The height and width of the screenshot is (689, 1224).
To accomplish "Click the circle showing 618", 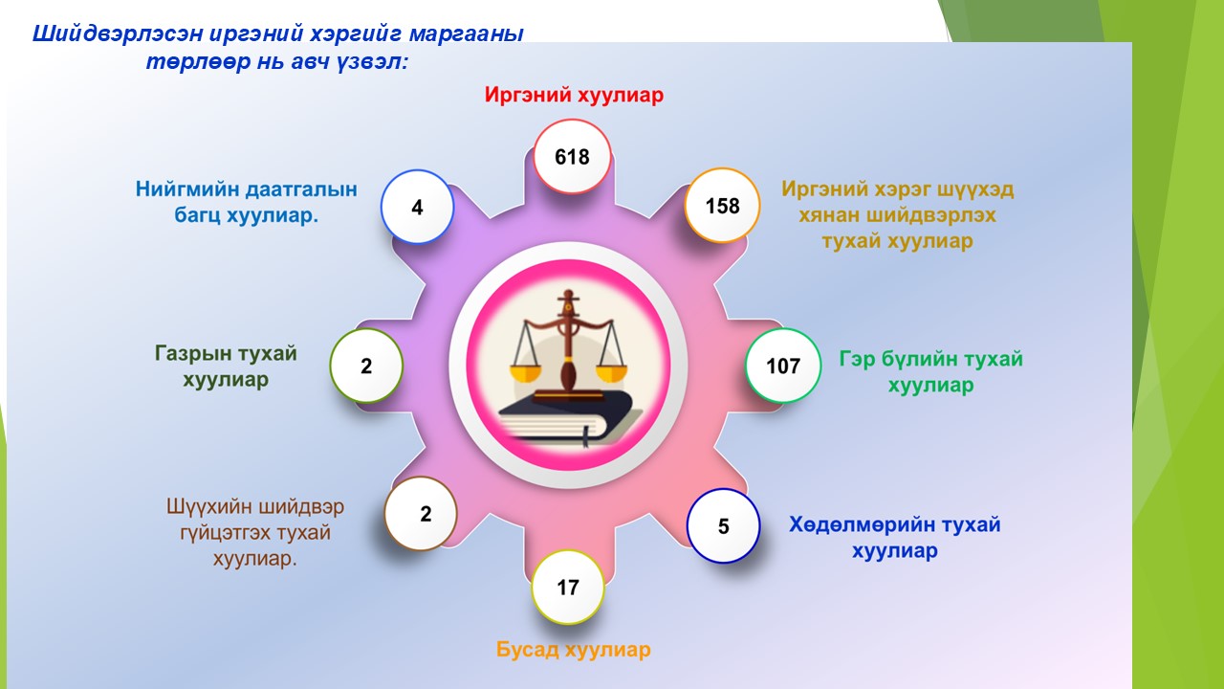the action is click(x=572, y=157).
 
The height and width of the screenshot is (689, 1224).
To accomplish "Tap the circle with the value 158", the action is click(x=722, y=206).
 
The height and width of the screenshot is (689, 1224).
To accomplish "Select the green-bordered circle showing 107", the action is click(x=783, y=366).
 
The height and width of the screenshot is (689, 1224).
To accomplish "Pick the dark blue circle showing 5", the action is click(x=723, y=525).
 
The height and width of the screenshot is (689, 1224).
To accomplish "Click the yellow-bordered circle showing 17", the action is click(x=568, y=588).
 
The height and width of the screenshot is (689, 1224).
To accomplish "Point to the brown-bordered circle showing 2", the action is click(x=421, y=514).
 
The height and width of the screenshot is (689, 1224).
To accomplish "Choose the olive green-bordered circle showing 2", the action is click(x=366, y=366).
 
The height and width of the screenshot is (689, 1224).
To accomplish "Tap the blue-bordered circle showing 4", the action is click(x=417, y=207).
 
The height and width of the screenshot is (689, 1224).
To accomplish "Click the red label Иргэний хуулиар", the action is click(x=574, y=95).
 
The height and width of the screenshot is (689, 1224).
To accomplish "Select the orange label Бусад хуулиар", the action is click(x=573, y=650).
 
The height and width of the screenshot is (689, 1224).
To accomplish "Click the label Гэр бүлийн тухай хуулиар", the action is click(x=930, y=372).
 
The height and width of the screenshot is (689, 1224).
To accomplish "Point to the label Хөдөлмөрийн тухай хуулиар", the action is click(x=894, y=537).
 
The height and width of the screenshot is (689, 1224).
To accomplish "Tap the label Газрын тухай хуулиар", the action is click(x=226, y=366).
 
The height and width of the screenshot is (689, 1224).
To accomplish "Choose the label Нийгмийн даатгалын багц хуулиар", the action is click(x=246, y=202).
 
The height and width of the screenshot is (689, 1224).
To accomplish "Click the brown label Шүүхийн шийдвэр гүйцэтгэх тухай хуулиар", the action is click(x=255, y=532).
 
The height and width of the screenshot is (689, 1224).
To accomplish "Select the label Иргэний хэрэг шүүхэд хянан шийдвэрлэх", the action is click(x=897, y=202).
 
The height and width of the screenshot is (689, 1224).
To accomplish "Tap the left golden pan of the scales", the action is click(x=525, y=373).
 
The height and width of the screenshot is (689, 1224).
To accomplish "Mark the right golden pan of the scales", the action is click(x=611, y=373).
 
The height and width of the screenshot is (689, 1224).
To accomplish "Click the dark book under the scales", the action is click(x=568, y=418).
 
